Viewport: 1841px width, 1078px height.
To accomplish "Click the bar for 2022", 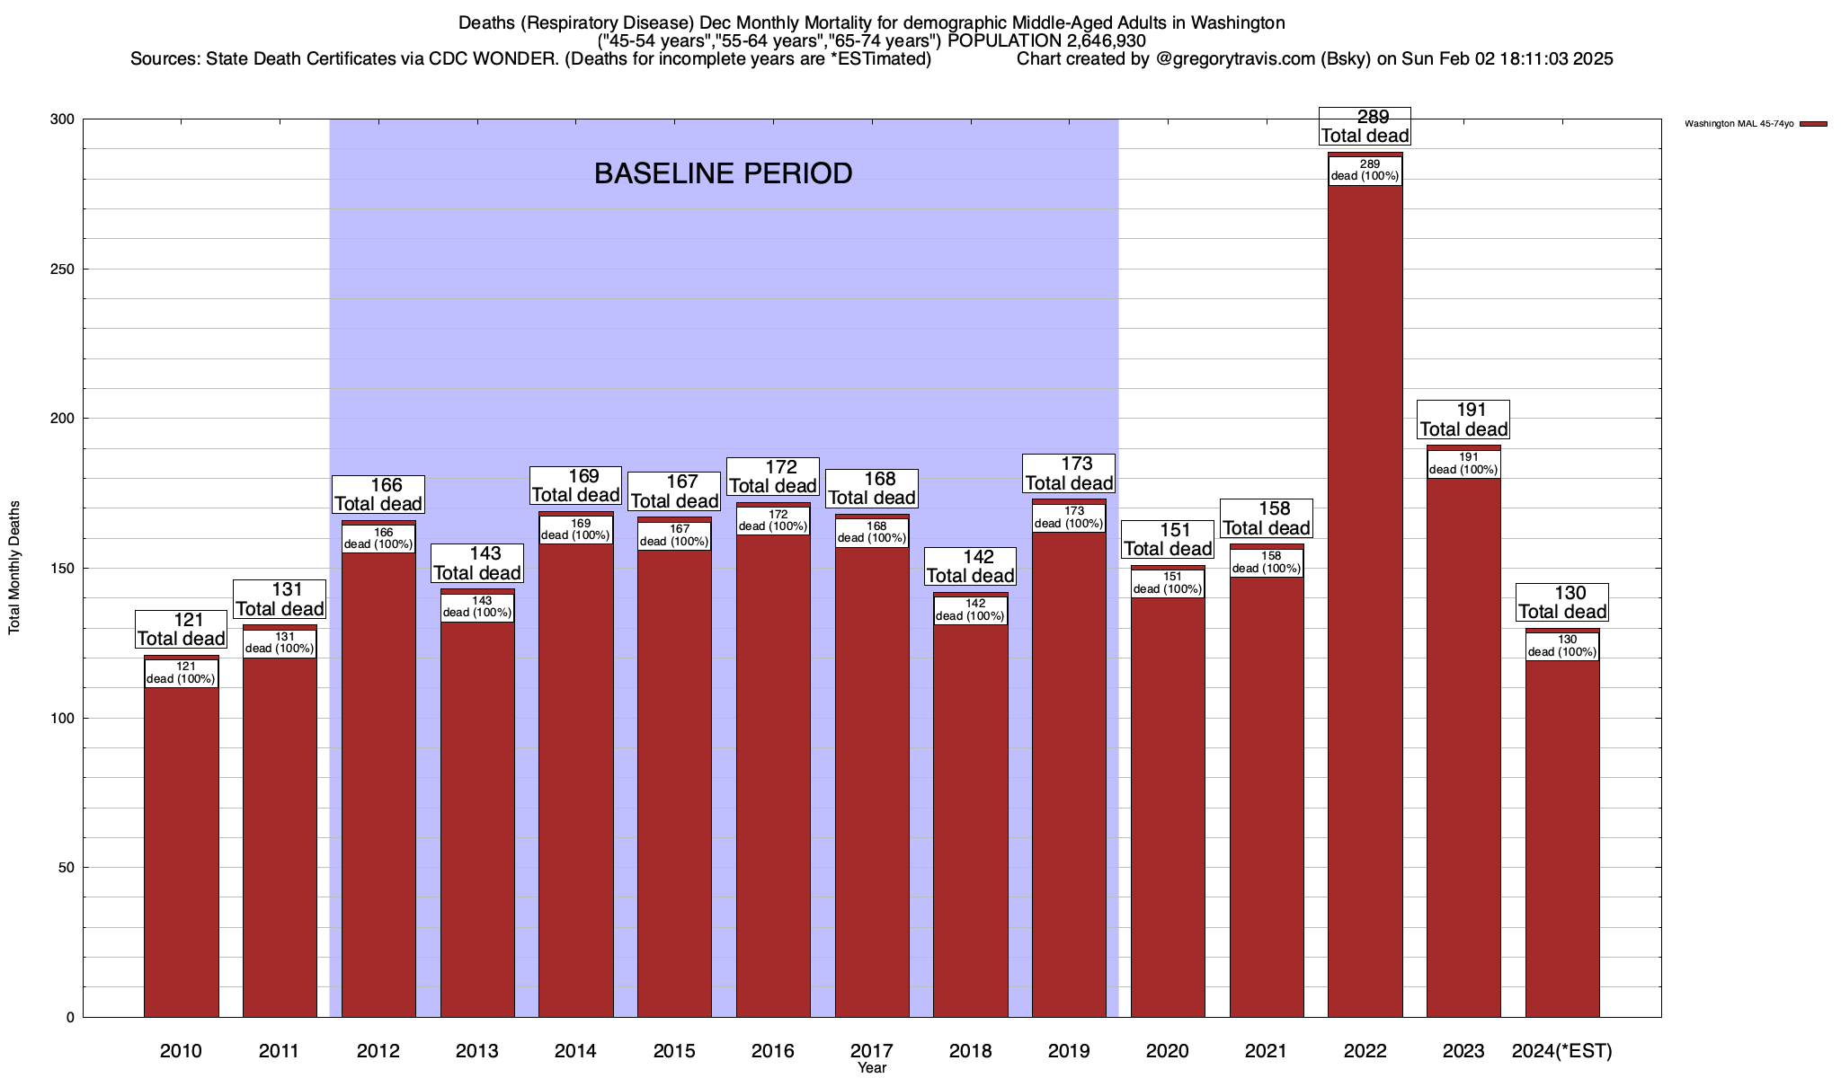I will point(1365,593).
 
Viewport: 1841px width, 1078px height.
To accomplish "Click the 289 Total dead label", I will point(1365,127).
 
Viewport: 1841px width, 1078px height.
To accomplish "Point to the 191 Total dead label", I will point(1463,420).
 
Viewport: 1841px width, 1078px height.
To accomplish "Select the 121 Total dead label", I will point(181,630).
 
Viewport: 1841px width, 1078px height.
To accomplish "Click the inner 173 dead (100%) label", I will point(1069,517).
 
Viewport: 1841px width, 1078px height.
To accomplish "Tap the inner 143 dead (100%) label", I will point(477,607).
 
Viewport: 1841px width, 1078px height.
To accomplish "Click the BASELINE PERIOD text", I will point(724,173).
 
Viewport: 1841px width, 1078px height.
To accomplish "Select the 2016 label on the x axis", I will point(773,1051).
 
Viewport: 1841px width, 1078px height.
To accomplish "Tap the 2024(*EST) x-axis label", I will point(1562,1051).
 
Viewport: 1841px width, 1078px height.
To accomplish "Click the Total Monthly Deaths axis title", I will point(14,568).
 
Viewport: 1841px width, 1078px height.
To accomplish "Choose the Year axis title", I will point(871,1068).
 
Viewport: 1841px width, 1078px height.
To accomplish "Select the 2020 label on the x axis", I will point(1168,1051).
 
